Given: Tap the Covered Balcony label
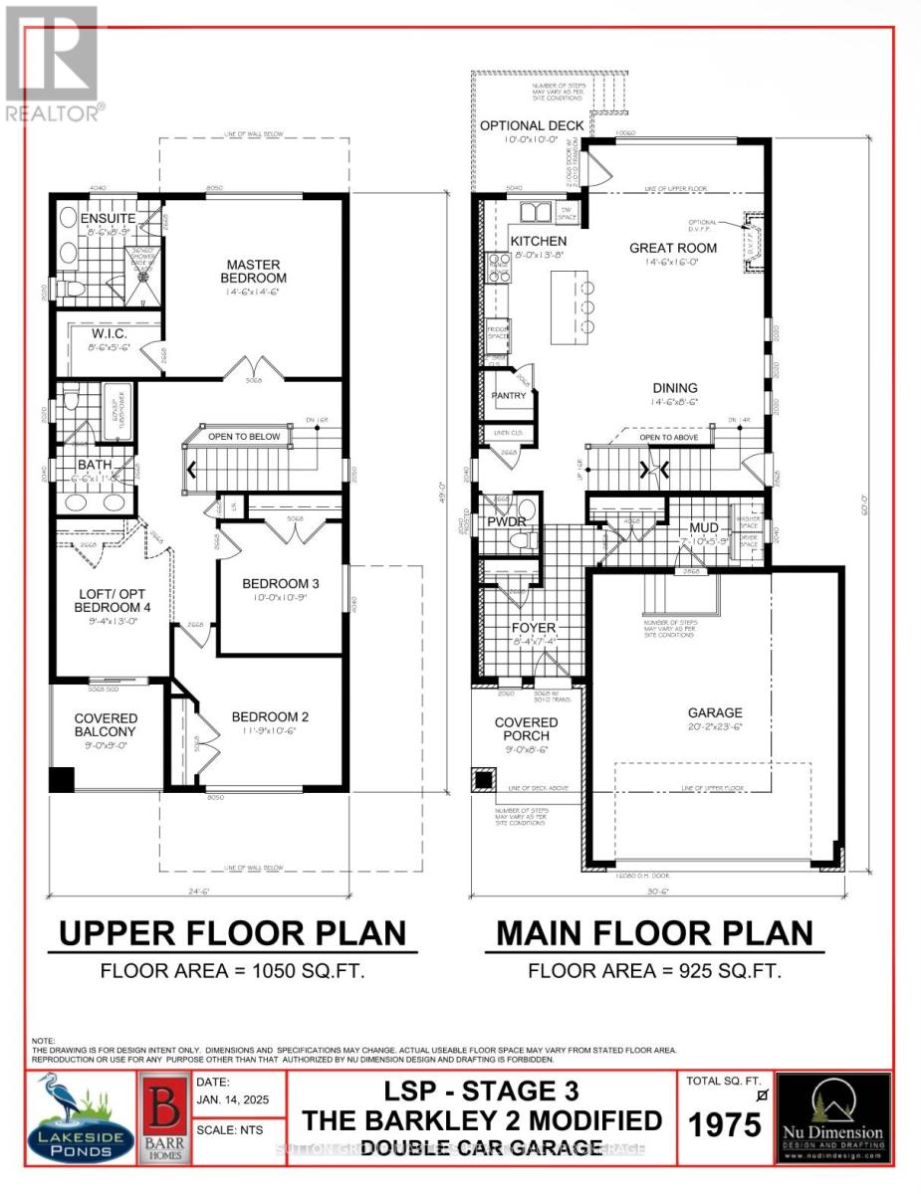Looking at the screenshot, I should point(106,724).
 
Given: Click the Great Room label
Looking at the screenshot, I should point(674,248).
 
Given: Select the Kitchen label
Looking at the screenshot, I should point(539,241).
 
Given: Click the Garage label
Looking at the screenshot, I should point(714,712).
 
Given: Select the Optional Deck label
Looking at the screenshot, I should point(533,126).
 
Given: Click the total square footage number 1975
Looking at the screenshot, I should point(726,1124).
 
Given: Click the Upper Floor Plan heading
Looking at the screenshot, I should point(233,933).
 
